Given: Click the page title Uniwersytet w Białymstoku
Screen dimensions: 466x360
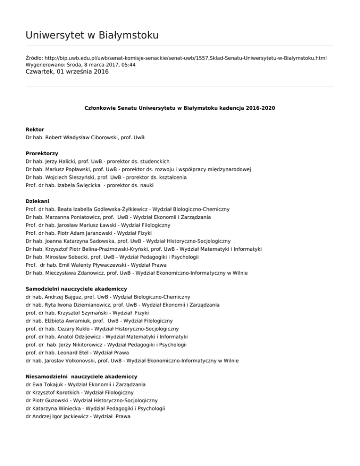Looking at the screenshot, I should pyautogui.click(x=92, y=35).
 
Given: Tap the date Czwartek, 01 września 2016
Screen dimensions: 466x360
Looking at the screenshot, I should pyautogui.click(x=67, y=72).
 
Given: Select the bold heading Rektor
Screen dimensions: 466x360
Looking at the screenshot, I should pyautogui.click(x=35, y=129).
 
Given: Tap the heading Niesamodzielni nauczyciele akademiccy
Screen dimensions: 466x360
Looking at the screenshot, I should pyautogui.click(x=82, y=376).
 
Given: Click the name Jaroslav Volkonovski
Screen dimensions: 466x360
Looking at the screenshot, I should pyautogui.click(x=71, y=361).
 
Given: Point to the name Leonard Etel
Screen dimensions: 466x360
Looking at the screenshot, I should pyautogui.click(x=70, y=353).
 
